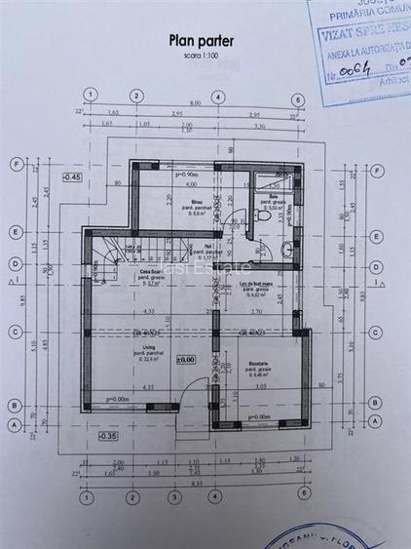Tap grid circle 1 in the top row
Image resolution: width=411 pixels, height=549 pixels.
pos(91,95)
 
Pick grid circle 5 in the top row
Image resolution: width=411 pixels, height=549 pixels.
pos(302,95)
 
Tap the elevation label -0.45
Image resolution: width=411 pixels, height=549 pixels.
pos(72,177)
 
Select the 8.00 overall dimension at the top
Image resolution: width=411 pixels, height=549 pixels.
pos(195,103)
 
